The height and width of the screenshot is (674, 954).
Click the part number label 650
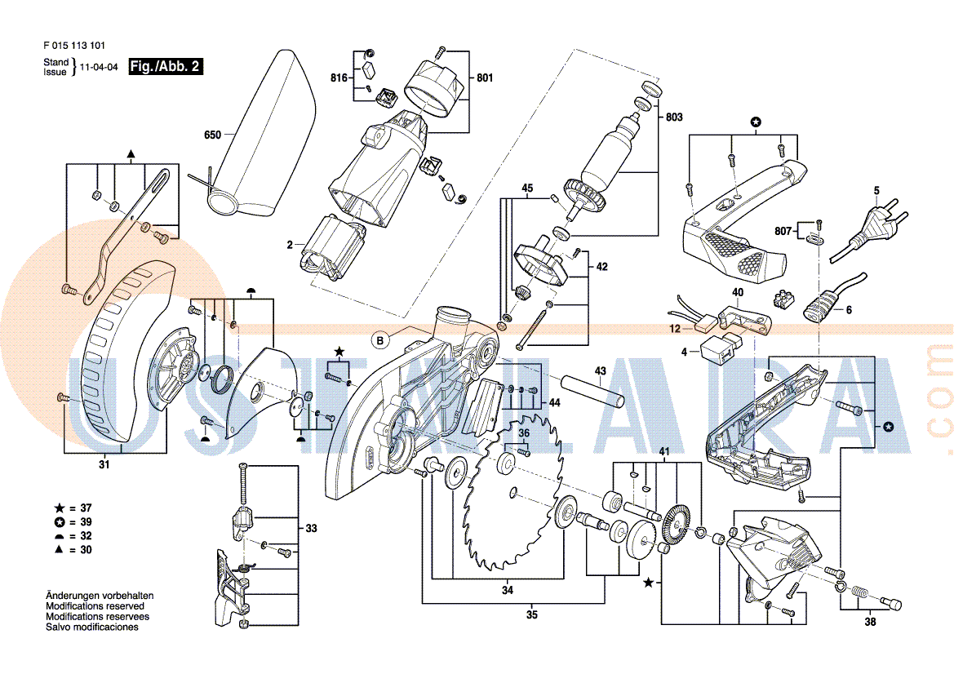[x=212, y=135]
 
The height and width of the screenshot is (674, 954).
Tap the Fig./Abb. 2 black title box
[x=166, y=66]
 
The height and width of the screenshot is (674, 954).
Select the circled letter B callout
[x=380, y=340]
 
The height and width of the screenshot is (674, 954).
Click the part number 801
[x=485, y=78]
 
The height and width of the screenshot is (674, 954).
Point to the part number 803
[x=674, y=117]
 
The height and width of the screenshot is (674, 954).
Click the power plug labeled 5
[x=870, y=229]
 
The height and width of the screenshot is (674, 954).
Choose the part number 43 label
[x=601, y=371]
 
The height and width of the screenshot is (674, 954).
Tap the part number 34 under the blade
[x=508, y=590]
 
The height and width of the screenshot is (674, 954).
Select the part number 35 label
[x=532, y=615]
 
